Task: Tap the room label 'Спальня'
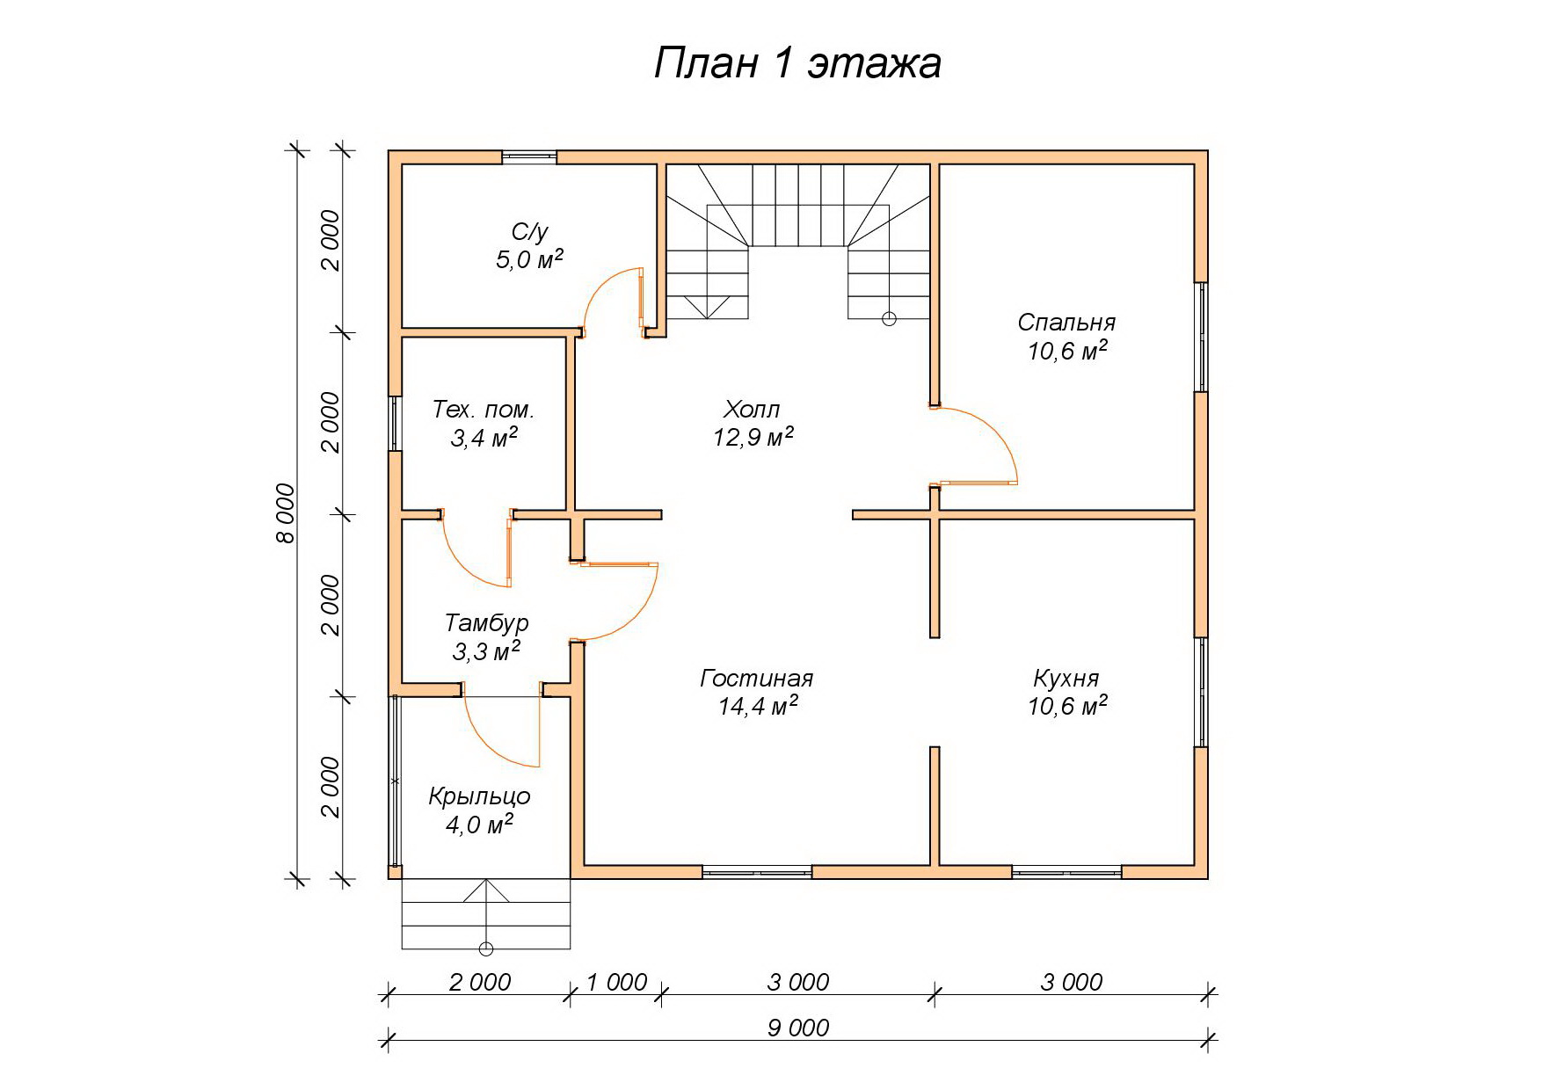pos(1066,322)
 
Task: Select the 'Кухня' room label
pos(1066,679)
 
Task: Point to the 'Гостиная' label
pos(757,679)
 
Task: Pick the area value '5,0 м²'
pos(529,259)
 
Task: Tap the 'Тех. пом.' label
pos(484,410)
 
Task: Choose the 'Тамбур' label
pos(486,623)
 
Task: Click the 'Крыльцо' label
pos(479,796)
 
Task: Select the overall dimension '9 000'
pos(798,1028)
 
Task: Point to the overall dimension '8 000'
pos(286,512)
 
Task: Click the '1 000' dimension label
pos(616,982)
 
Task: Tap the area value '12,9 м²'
pos(753,437)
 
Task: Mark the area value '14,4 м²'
pos(758,706)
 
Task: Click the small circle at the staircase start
pos(889,319)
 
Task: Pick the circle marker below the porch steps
pos(485,949)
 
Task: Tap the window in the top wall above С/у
pos(529,157)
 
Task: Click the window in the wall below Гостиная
pos(757,872)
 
